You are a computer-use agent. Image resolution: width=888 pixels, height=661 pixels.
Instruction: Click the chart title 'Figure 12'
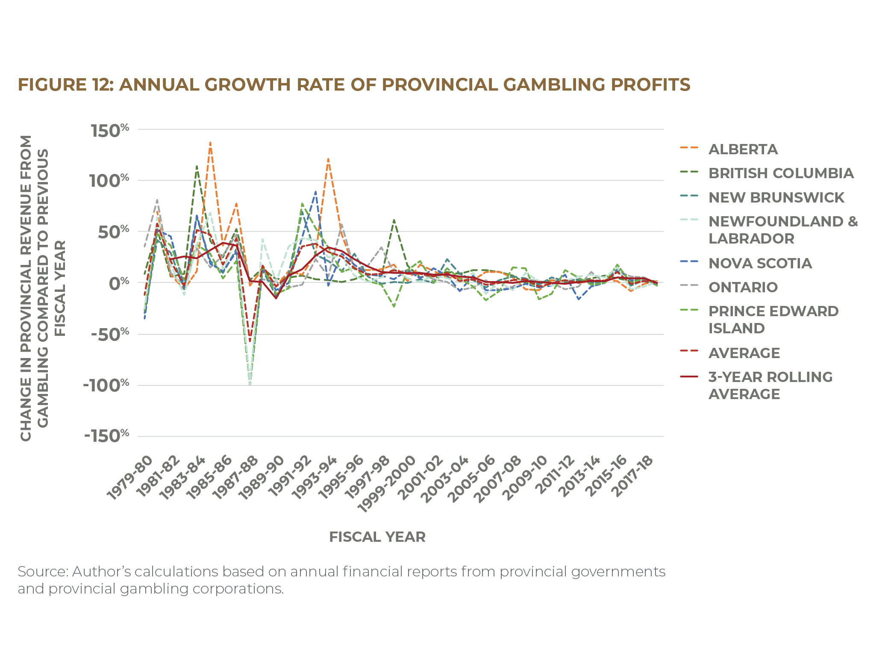pyautogui.click(x=354, y=85)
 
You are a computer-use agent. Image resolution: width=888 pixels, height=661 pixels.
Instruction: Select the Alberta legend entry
pyautogui.click(x=743, y=149)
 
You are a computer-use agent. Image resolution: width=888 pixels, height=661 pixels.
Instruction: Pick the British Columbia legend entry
pyautogui.click(x=781, y=173)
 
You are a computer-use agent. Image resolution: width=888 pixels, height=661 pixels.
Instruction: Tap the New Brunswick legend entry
pyautogui.click(x=776, y=197)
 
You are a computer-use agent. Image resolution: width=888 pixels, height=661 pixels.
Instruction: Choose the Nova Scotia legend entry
pyautogui.click(x=760, y=263)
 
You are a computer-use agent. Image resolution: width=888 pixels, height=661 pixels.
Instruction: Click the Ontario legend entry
pyautogui.click(x=743, y=287)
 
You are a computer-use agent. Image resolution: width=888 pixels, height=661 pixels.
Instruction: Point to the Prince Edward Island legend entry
pyautogui.click(x=773, y=319)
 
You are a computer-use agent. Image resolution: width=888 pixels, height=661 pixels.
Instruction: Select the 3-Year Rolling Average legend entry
pyautogui.click(x=770, y=385)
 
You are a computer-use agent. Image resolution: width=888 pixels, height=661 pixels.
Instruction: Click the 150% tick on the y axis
pyautogui.click(x=109, y=130)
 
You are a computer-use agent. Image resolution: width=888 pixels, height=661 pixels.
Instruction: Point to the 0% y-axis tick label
pyautogui.click(x=118, y=283)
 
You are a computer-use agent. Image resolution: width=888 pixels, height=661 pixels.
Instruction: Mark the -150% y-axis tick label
pyautogui.click(x=106, y=436)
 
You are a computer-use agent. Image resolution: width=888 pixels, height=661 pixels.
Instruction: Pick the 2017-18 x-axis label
pyautogui.click(x=633, y=476)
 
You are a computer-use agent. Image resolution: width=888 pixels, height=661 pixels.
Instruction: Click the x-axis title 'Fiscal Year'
pyautogui.click(x=377, y=537)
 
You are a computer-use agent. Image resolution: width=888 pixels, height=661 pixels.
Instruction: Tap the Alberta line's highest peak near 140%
pyautogui.click(x=210, y=142)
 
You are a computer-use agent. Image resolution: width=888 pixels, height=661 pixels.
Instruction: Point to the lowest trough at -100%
pyautogui.click(x=250, y=384)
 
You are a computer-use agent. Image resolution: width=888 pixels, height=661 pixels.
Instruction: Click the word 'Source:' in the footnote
pyautogui.click(x=42, y=571)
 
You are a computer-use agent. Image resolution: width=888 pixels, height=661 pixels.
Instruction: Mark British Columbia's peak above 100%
pyautogui.click(x=197, y=166)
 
